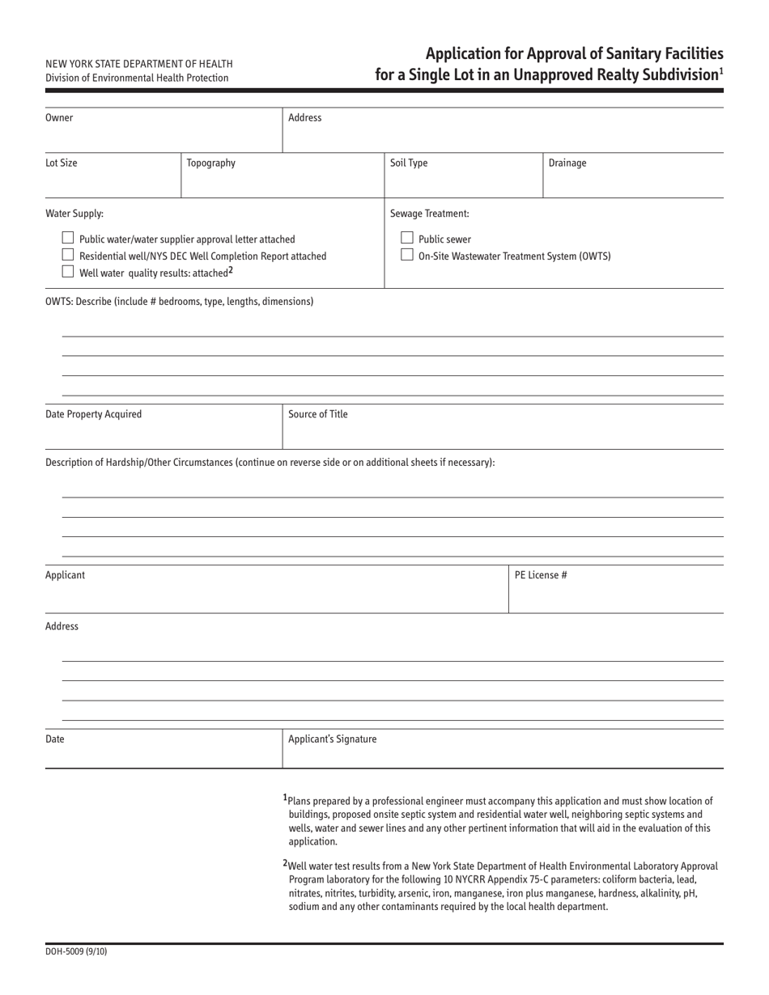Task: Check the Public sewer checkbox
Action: click(x=407, y=239)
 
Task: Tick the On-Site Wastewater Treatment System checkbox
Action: click(x=407, y=256)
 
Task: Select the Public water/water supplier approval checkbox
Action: click(x=68, y=239)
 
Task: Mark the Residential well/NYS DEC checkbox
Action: click(x=68, y=256)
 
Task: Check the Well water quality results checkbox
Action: click(x=68, y=272)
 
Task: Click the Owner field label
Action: click(x=59, y=118)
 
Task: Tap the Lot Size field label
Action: click(x=62, y=163)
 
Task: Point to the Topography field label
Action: click(x=210, y=163)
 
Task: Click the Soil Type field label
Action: click(x=409, y=163)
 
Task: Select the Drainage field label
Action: click(x=567, y=163)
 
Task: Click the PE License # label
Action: click(x=541, y=576)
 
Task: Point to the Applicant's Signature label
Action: click(x=332, y=739)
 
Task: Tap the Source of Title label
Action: click(x=318, y=415)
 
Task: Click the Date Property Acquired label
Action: click(x=93, y=415)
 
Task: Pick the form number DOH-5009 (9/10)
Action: click(x=76, y=952)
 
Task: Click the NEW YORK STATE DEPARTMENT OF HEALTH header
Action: click(x=139, y=64)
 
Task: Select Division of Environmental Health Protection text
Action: click(x=137, y=78)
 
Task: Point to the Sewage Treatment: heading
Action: click(x=429, y=214)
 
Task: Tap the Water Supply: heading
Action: click(x=74, y=214)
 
